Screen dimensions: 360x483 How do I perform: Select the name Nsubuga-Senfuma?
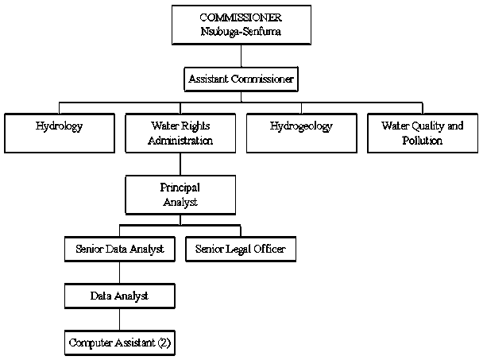(x=241, y=32)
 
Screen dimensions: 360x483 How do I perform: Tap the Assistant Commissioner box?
(x=241, y=79)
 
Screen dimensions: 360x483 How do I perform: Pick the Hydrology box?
(x=60, y=132)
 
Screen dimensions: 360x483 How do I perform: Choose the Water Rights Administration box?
(x=180, y=133)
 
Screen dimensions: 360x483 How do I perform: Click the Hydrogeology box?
(x=301, y=132)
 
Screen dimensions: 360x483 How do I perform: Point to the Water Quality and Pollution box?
(x=422, y=133)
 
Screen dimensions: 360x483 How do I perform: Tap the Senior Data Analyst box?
(x=119, y=250)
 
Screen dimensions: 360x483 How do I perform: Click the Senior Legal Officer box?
(x=241, y=250)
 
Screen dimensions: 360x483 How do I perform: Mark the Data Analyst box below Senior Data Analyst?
(x=119, y=296)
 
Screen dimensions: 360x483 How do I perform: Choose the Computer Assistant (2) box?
(x=119, y=343)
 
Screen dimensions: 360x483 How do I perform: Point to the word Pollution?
(x=422, y=141)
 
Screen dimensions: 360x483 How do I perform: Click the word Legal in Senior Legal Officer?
(x=242, y=250)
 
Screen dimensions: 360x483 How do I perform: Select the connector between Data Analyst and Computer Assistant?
(x=119, y=319)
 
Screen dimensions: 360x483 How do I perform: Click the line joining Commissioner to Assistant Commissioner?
(x=241, y=56)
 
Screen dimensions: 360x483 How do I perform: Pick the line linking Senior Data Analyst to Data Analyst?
(x=119, y=273)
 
